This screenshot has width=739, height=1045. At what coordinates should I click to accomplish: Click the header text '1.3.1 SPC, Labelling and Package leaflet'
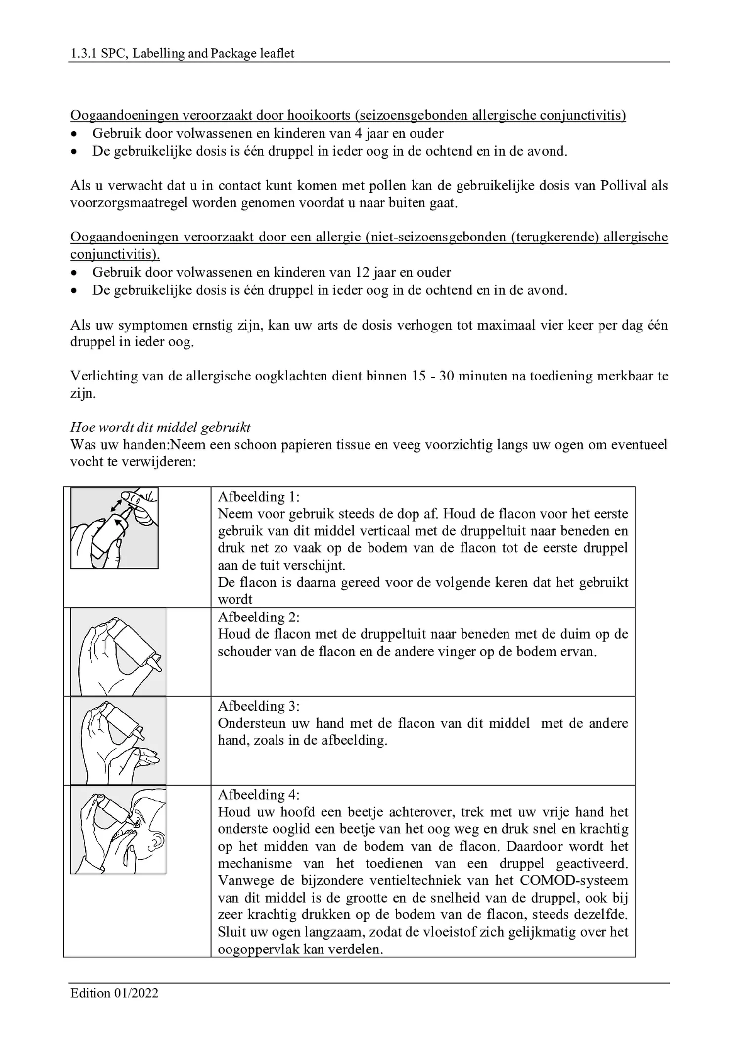[182, 53]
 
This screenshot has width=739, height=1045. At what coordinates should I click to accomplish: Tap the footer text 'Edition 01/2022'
[114, 993]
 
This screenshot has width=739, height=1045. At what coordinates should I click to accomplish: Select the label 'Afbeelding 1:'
[259, 496]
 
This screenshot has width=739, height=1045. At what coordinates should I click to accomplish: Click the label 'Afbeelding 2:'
[259, 617]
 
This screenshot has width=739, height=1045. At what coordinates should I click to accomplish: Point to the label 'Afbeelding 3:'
[259, 706]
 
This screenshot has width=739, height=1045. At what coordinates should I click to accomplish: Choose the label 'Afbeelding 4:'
[259, 795]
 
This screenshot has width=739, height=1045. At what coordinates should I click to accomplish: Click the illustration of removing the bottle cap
[114, 527]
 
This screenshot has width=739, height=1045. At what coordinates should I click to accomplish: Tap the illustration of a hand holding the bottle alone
[118, 652]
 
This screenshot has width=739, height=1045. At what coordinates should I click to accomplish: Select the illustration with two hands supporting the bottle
[118, 741]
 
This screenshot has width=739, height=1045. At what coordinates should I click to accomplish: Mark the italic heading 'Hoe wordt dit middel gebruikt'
[160, 427]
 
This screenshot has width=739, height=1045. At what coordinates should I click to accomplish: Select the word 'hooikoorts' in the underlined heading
[319, 115]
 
